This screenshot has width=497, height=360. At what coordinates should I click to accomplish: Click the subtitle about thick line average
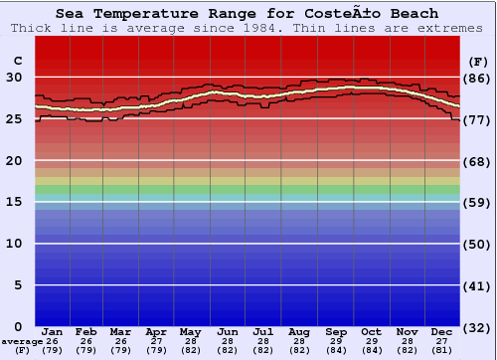click(248, 28)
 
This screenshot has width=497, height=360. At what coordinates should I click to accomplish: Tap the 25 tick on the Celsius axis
click(15, 119)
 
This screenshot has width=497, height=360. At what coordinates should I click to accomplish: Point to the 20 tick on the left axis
click(15, 161)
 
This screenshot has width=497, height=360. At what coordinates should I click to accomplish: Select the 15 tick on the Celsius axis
click(15, 202)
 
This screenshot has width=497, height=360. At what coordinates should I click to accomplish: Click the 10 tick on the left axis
click(15, 244)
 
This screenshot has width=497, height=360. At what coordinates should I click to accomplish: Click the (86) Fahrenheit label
click(477, 78)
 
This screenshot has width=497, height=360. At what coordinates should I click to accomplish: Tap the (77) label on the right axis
click(477, 119)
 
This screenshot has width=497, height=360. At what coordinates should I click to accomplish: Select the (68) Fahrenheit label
click(477, 161)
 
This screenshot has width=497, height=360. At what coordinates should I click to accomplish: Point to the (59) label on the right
click(477, 202)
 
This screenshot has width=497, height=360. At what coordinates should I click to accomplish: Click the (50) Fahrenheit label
click(477, 244)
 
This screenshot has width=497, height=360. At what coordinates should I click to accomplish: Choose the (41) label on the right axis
click(477, 285)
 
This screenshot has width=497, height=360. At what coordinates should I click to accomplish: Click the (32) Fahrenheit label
click(477, 327)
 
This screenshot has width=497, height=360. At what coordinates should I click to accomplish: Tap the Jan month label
click(53, 332)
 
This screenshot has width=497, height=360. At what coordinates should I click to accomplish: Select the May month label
click(189, 332)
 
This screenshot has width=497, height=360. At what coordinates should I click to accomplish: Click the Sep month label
click(336, 332)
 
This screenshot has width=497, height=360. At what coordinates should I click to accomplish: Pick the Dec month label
click(442, 332)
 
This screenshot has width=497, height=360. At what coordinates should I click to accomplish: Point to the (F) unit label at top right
click(477, 61)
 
